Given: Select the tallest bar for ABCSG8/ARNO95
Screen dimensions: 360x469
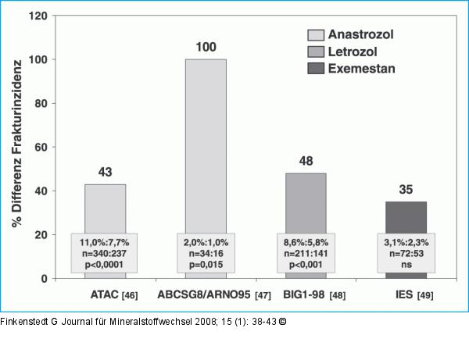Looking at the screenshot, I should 206,144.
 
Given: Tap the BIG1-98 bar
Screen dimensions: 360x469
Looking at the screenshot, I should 306,201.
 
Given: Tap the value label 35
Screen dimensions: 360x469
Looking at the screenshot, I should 406,191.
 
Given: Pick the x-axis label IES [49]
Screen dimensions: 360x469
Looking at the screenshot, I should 415,294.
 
